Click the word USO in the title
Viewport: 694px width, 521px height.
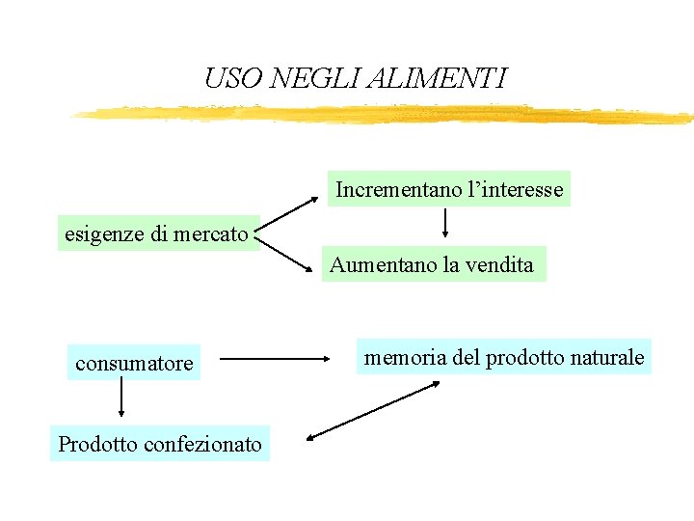click(227, 78)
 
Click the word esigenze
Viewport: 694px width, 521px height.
click(104, 233)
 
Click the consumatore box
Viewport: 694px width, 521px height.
click(135, 364)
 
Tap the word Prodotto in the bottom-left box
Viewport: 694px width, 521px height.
click(97, 445)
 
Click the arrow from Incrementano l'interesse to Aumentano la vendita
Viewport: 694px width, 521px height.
click(445, 223)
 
